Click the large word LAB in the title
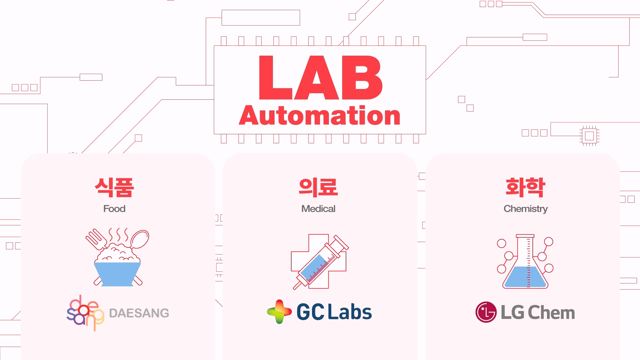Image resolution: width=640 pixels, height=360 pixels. pos(320,78)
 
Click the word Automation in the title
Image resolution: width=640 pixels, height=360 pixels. pos(320,116)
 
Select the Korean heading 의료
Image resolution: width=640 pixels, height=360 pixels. pos(318,187)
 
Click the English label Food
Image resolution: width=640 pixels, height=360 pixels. pos(114,209)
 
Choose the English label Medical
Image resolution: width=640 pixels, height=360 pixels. pos(318,209)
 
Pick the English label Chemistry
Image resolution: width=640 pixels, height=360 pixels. pos(525,209)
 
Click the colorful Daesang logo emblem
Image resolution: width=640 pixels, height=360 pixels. pos(85,312)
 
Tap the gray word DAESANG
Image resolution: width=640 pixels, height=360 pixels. pos(139,313)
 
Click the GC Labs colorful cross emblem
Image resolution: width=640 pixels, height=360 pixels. pos(279,312)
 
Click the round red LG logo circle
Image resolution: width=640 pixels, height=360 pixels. pos(486,312)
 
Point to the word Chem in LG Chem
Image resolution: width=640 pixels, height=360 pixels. pos(551,313)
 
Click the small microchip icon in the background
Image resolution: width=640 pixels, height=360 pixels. pos(589,136)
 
